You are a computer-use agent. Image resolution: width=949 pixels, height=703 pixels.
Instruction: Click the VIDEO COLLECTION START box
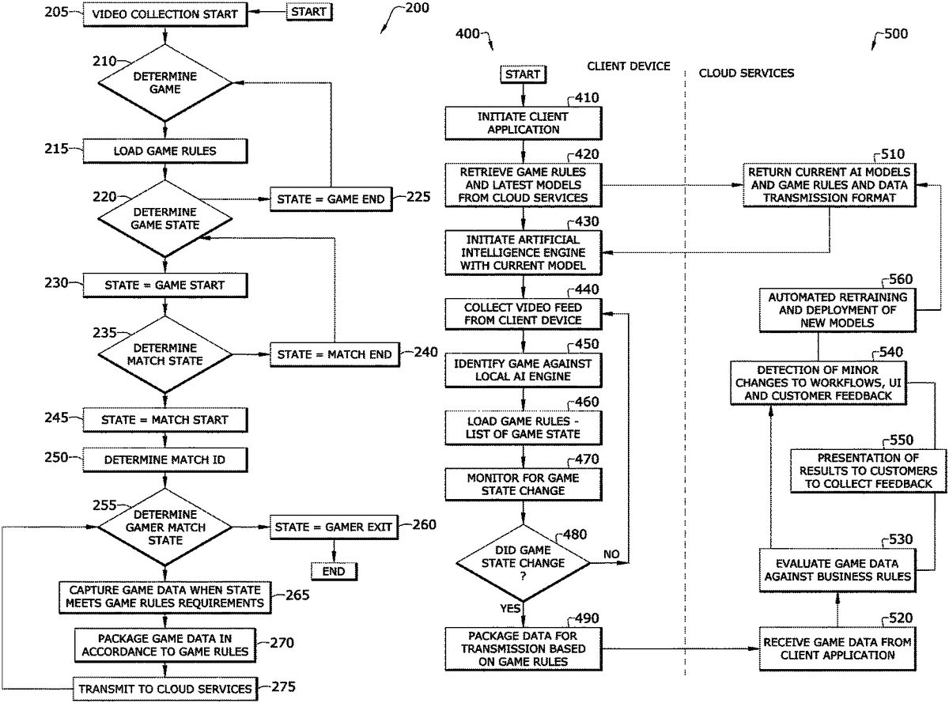tap(165, 13)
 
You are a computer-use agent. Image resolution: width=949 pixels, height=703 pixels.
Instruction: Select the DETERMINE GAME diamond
tap(165, 84)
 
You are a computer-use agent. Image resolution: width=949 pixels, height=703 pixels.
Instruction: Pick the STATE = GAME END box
tap(331, 198)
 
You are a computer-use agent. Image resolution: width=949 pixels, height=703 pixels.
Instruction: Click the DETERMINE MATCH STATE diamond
tap(165, 354)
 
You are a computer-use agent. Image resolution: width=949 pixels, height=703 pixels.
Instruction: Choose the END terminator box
tap(333, 570)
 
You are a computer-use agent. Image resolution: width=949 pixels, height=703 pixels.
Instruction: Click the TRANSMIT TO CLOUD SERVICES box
tap(165, 688)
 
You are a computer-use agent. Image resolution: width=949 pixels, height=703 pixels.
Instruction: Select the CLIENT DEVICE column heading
tap(629, 66)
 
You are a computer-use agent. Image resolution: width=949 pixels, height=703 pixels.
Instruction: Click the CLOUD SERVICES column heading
tap(747, 73)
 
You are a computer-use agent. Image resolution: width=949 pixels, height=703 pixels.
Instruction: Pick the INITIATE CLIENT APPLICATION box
tap(523, 122)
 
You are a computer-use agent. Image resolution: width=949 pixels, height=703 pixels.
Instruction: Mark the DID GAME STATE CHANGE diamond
tap(523, 562)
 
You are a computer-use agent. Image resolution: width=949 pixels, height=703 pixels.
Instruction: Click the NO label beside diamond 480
tap(611, 554)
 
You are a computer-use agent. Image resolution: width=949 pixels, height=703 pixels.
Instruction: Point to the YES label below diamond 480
tap(509, 608)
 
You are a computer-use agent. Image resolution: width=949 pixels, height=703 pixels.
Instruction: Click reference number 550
tap(902, 440)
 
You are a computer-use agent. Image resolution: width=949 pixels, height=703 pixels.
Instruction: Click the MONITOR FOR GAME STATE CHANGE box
tap(523, 484)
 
